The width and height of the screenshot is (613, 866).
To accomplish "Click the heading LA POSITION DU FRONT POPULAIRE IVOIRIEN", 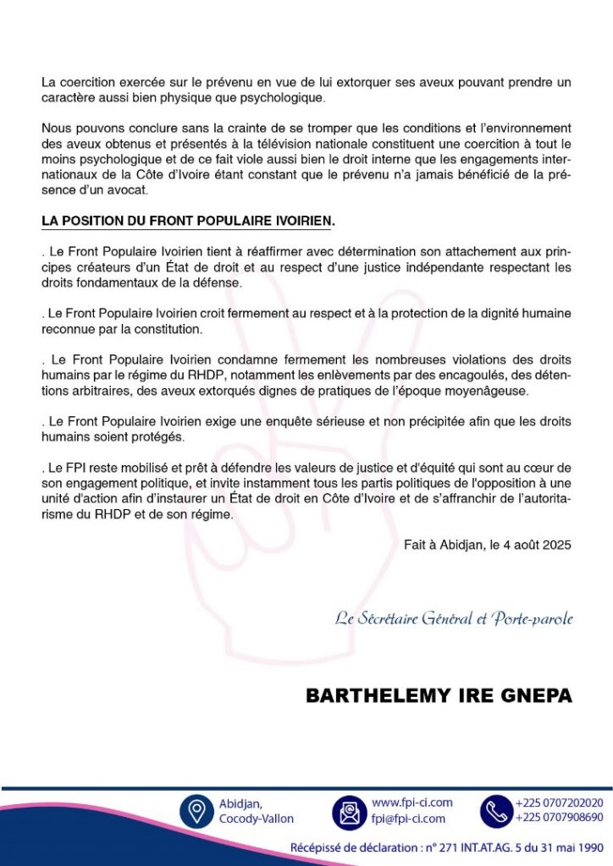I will coord(188,222).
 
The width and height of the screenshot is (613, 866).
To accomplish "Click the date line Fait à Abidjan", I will coord(487,545).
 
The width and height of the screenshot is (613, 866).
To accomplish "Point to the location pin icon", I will coord(196,812).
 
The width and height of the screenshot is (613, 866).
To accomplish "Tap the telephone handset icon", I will coord(496,812).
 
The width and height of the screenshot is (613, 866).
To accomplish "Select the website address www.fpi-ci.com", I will coord(412,803).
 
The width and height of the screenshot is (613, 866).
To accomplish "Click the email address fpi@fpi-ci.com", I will coord(408,819).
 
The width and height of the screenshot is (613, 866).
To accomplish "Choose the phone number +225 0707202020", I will coord(559,803).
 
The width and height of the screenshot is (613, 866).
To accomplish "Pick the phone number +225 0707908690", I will coord(559,818).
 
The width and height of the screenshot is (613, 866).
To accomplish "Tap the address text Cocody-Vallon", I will coord(257,819).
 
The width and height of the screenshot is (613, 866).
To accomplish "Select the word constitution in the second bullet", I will coord(173,328).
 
